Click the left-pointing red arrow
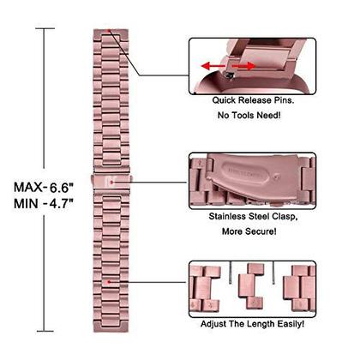click(x=213, y=67)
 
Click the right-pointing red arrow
click(x=243, y=66)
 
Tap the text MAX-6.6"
click(x=44, y=188)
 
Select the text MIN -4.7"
click(x=44, y=204)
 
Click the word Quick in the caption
click(x=225, y=100)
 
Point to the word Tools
click(x=243, y=116)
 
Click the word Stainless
click(x=227, y=216)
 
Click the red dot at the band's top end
click(x=109, y=30)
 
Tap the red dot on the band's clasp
click(x=111, y=182)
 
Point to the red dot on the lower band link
click(x=109, y=282)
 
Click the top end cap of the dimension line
click(x=45, y=28)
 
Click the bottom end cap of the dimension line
click(x=45, y=331)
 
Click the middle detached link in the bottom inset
click(x=251, y=286)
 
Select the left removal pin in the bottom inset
click(x=231, y=273)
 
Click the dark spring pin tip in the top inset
click(x=229, y=75)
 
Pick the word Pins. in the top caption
click(x=285, y=100)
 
